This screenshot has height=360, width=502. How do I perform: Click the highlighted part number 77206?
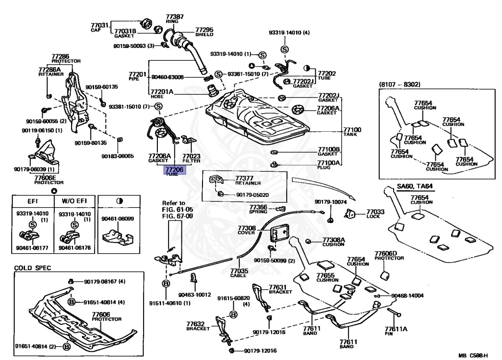(174, 169)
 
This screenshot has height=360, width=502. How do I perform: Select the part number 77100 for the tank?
(352, 130)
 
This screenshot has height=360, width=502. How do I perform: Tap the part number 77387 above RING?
(175, 17)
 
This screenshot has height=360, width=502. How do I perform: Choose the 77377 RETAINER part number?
(244, 178)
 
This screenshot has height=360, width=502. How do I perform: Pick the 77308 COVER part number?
(247, 228)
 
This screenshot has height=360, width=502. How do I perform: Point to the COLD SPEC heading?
(32, 268)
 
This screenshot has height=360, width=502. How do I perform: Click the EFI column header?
(33, 201)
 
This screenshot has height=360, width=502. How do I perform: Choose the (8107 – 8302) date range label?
(400, 84)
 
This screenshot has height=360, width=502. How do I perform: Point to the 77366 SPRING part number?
(258, 207)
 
